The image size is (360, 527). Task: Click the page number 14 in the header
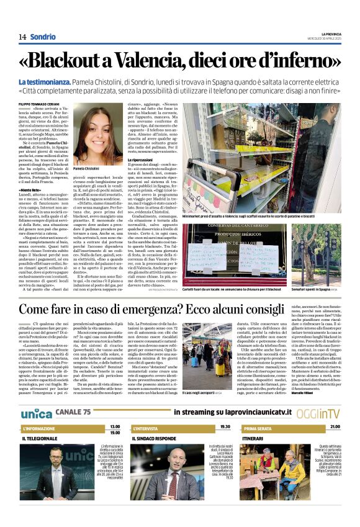[x=22, y=37]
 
